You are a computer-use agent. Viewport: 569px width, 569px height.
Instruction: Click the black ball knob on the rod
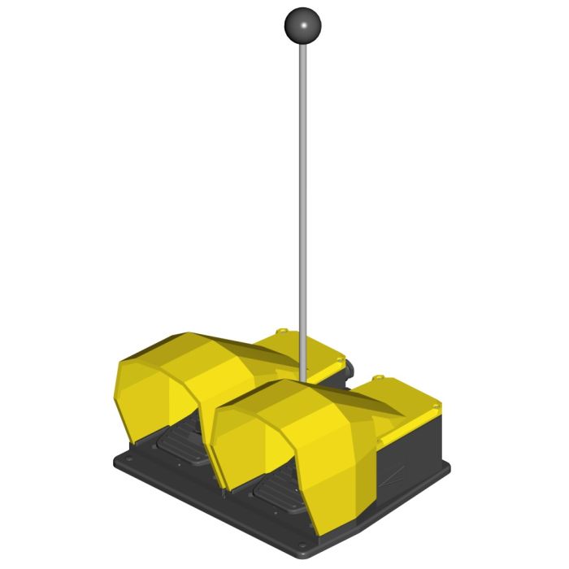click(302, 27)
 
